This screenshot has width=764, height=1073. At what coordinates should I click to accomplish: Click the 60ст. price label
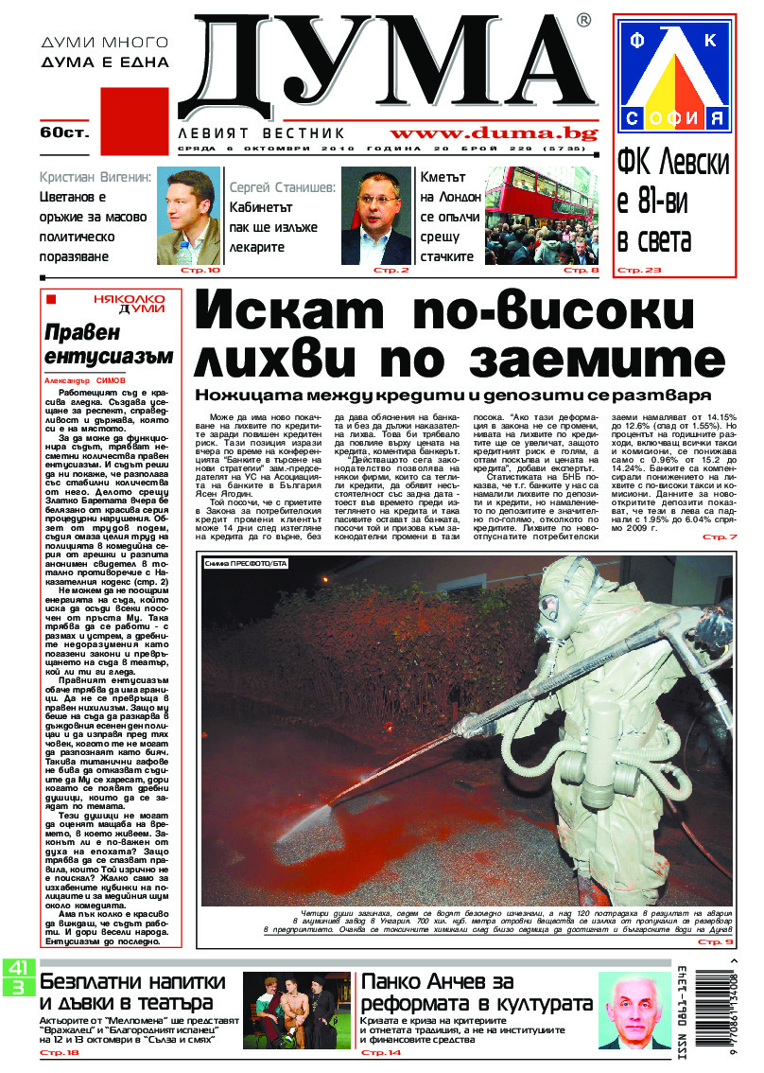[x=63, y=132]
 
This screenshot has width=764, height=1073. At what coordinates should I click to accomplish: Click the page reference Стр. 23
[x=639, y=271]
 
